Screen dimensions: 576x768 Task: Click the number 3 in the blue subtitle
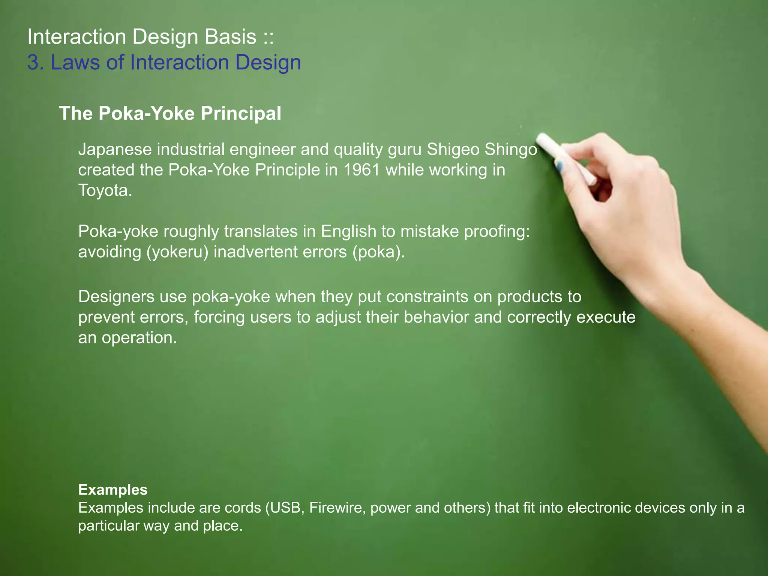point(33,62)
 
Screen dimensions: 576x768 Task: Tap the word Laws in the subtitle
point(75,62)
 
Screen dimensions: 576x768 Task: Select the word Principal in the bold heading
point(241,113)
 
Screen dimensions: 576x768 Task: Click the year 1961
point(361,170)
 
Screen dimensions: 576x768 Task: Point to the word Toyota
point(105,190)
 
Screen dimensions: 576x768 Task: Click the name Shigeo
point(453,149)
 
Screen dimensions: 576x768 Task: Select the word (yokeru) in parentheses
point(177,252)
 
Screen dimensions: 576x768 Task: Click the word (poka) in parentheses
point(378,252)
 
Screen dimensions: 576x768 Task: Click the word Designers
point(116,297)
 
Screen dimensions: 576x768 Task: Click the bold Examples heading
point(113,490)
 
